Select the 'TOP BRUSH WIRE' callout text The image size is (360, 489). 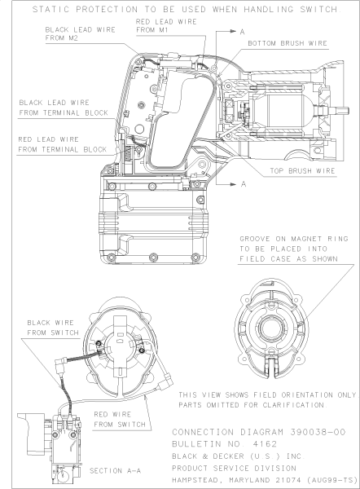point(302,172)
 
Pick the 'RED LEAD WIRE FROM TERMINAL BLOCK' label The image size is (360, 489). point(62,144)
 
